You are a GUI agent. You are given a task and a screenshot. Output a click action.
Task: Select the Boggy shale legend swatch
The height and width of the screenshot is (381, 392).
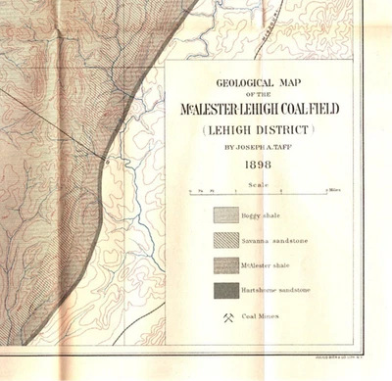pos(226,216)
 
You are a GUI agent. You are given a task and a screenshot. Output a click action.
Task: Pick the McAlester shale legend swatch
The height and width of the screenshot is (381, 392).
pos(226,265)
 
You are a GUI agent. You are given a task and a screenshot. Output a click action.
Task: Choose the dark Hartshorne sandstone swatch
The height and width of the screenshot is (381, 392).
pos(226,290)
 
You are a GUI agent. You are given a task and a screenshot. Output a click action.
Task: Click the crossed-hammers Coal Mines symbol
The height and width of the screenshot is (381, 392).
pos(227,316)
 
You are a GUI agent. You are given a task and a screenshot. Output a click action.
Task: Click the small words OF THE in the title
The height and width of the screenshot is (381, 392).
pos(261,92)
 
